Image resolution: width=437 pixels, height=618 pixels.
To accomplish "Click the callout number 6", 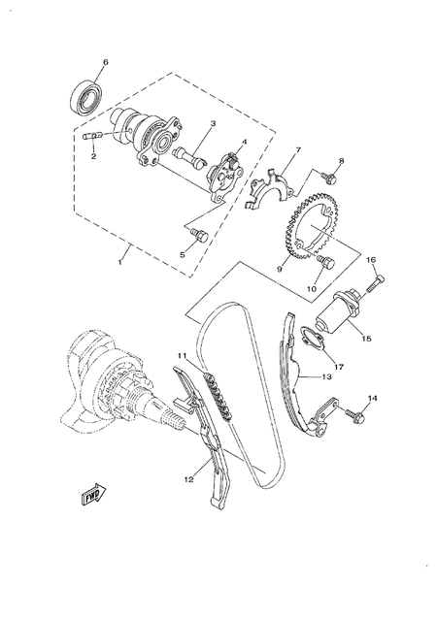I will click(106, 63).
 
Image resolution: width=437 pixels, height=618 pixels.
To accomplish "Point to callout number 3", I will click(213, 124).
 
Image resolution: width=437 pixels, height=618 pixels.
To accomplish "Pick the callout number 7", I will click(298, 150).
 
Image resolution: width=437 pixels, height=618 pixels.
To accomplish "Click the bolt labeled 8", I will click(328, 178).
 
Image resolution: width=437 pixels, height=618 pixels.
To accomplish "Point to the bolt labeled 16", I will click(376, 282).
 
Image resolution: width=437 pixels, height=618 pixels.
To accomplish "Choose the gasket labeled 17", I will click(312, 339).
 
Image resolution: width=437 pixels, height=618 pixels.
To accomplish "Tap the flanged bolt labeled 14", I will click(352, 416).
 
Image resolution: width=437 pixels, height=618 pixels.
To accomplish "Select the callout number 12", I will click(190, 477).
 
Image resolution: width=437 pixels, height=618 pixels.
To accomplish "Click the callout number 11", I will click(181, 357).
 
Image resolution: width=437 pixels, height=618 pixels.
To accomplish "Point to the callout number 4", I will click(244, 142).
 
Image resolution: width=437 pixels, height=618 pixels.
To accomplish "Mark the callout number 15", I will click(366, 339).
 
